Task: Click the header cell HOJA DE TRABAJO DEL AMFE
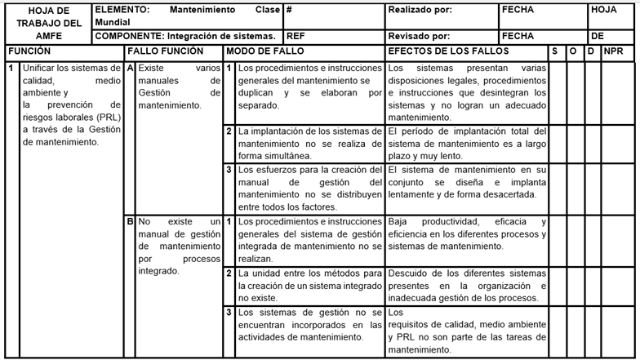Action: (x=47, y=23)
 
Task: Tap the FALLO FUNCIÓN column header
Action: (x=160, y=51)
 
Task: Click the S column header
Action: (x=554, y=51)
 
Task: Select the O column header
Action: (x=572, y=51)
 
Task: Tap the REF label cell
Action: (x=296, y=37)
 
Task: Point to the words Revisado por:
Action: (x=419, y=37)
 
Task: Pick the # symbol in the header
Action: (x=290, y=10)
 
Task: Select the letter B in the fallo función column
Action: (x=130, y=221)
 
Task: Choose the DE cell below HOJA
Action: (x=598, y=37)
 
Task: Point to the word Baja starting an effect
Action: (x=398, y=222)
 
